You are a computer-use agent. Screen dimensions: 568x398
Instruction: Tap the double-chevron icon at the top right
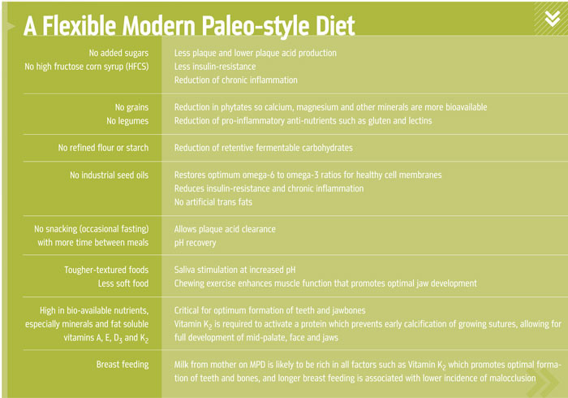point(553,19)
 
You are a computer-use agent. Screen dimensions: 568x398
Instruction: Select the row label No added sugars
point(118,54)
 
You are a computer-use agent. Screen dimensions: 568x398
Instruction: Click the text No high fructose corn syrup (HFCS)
point(87,67)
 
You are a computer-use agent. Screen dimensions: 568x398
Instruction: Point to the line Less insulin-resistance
point(215,67)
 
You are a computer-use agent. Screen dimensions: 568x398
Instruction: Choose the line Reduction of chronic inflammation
point(236,80)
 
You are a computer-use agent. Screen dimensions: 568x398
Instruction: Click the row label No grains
point(131,107)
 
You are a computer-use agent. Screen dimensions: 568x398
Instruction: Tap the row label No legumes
point(127,121)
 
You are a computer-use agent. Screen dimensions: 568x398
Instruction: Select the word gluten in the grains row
point(379,121)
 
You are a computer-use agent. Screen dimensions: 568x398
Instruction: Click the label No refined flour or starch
point(103,148)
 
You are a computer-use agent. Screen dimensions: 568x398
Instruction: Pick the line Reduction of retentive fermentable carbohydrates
point(264,148)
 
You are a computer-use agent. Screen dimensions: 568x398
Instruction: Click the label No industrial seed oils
point(109,175)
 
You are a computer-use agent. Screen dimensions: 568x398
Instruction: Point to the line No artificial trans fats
point(213,202)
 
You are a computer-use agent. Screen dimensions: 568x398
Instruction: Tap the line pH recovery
point(195,243)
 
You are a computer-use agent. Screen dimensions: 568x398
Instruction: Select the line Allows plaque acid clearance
point(225,229)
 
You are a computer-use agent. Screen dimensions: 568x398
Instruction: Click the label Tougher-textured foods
point(106,270)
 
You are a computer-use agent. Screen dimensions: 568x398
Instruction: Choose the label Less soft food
point(123,283)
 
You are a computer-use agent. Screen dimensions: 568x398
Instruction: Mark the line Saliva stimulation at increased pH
point(235,270)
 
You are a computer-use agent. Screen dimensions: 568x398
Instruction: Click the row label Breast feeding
point(123,365)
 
